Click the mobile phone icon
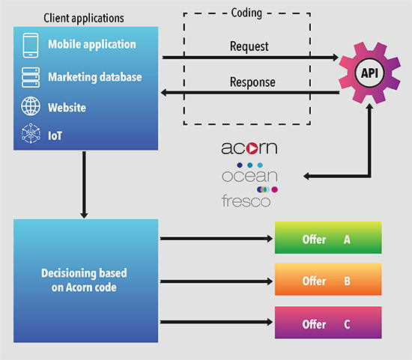coord(31,46)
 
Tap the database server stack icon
coord(31,77)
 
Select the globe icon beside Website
coord(31,106)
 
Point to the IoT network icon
coord(31,133)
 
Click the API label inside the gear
coord(369,73)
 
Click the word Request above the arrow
coord(249,46)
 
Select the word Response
coord(252,82)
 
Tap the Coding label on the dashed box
coord(246,13)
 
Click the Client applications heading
coord(84,18)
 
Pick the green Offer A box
coord(328,237)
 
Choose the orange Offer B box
coord(328,279)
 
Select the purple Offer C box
coord(328,323)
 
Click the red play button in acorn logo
coord(252,148)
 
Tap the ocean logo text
coord(249,176)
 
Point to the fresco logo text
coord(246,201)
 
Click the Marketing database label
coord(95,77)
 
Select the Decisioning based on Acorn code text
coord(84,280)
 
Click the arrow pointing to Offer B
coord(216,281)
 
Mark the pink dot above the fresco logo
coord(275,189)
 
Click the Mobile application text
coord(92,44)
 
